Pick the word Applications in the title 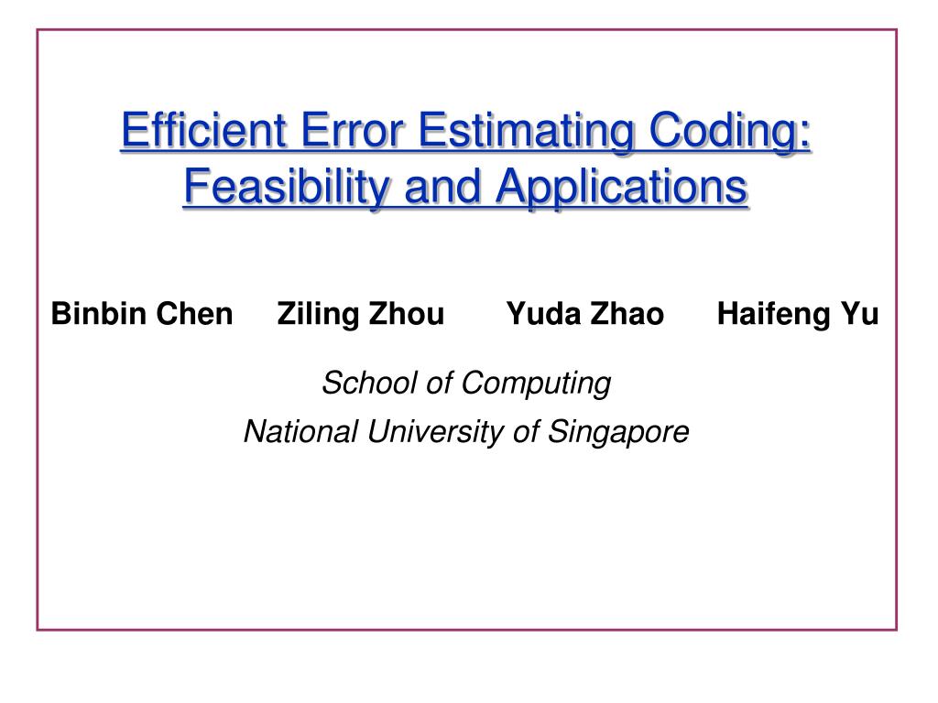tap(622, 188)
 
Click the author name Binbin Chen tap(142, 315)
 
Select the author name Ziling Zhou tap(360, 315)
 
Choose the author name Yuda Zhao tap(585, 315)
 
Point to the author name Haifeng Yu tap(797, 315)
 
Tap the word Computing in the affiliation tap(535, 384)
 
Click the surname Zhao tap(627, 315)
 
